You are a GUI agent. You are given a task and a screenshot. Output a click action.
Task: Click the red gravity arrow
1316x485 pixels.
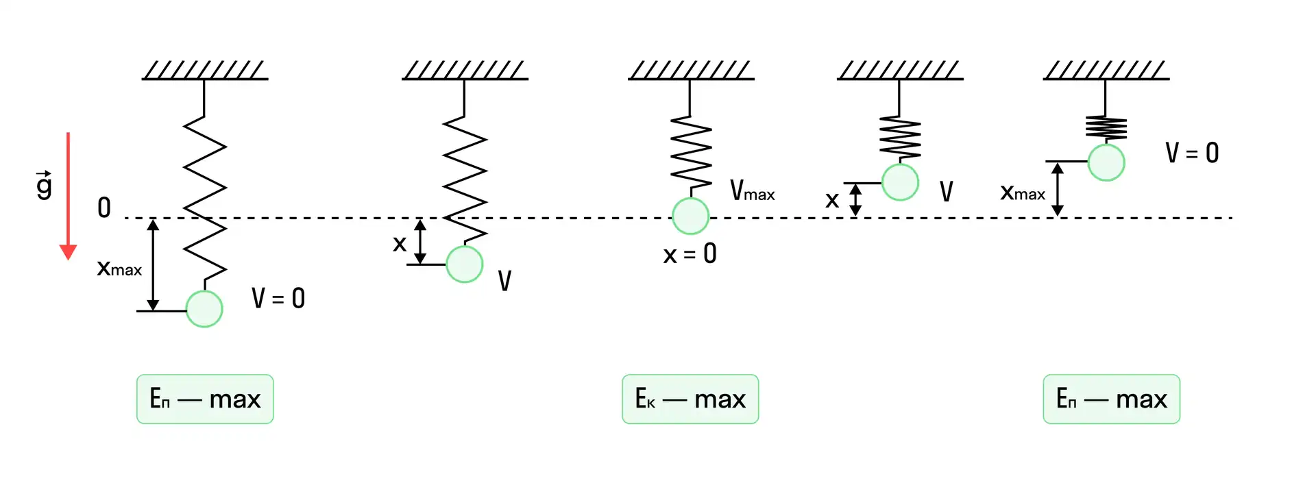click(68, 196)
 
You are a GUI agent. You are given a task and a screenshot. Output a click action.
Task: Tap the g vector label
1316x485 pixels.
click(44, 185)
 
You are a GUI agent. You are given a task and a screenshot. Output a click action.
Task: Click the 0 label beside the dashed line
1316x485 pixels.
click(104, 207)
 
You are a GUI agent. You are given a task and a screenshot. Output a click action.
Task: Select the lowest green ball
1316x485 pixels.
click(204, 309)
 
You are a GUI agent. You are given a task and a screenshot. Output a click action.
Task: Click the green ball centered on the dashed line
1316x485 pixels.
click(690, 216)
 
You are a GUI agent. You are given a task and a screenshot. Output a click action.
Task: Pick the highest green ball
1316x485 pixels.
click(1106, 162)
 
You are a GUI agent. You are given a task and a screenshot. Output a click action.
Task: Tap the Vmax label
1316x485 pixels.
click(752, 190)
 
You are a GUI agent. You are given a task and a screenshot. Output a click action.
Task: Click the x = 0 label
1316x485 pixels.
click(690, 254)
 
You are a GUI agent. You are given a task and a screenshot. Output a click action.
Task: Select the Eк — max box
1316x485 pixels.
click(690, 399)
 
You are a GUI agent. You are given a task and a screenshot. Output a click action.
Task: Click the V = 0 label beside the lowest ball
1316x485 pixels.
click(278, 298)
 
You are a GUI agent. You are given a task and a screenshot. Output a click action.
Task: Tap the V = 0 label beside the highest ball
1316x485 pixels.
click(1192, 153)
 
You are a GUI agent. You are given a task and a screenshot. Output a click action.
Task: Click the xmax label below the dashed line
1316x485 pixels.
click(119, 268)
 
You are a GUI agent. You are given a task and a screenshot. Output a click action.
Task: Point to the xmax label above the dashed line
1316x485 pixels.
click(1023, 192)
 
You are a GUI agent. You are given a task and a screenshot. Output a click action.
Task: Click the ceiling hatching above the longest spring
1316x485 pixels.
click(205, 70)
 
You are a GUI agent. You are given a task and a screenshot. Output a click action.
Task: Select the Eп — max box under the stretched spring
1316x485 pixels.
click(205, 399)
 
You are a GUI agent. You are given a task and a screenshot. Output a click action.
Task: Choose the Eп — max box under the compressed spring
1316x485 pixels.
click(1111, 399)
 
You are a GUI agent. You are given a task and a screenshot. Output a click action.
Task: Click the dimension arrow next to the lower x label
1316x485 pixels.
click(420, 241)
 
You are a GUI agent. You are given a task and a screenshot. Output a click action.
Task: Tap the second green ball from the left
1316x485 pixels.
click(465, 264)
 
